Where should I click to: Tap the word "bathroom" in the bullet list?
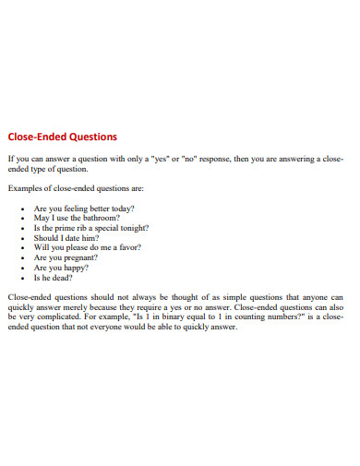(x=100, y=219)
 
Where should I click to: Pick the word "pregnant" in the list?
(x=81, y=257)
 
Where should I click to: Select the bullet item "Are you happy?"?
(x=61, y=267)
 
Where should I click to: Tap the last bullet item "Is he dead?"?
(x=54, y=277)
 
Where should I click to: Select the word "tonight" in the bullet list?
(x=133, y=228)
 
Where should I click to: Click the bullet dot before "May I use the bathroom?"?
(x=22, y=220)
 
